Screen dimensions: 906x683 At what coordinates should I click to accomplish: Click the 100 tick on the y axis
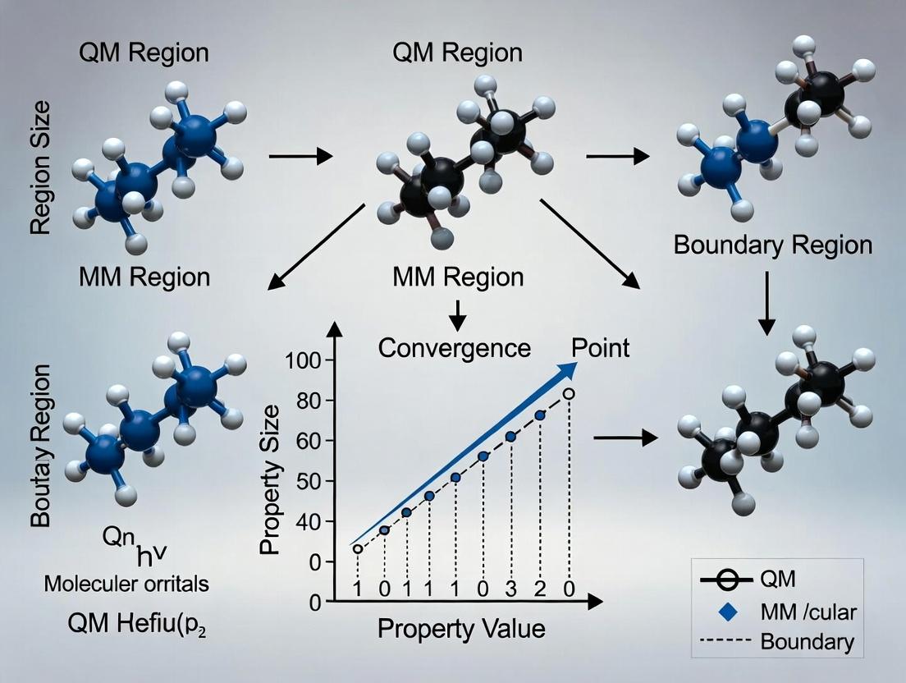(x=303, y=360)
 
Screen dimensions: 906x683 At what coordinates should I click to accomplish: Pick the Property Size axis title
(x=270, y=479)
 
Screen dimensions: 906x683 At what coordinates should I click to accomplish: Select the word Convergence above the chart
(x=454, y=348)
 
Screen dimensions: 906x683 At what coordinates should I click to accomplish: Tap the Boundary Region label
(x=773, y=245)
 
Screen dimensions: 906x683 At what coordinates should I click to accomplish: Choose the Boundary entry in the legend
(x=807, y=641)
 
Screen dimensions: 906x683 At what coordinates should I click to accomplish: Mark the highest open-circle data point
(x=569, y=394)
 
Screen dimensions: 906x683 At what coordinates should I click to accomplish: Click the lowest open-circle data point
(x=357, y=549)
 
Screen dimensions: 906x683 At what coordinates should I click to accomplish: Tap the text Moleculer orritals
(x=126, y=584)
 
